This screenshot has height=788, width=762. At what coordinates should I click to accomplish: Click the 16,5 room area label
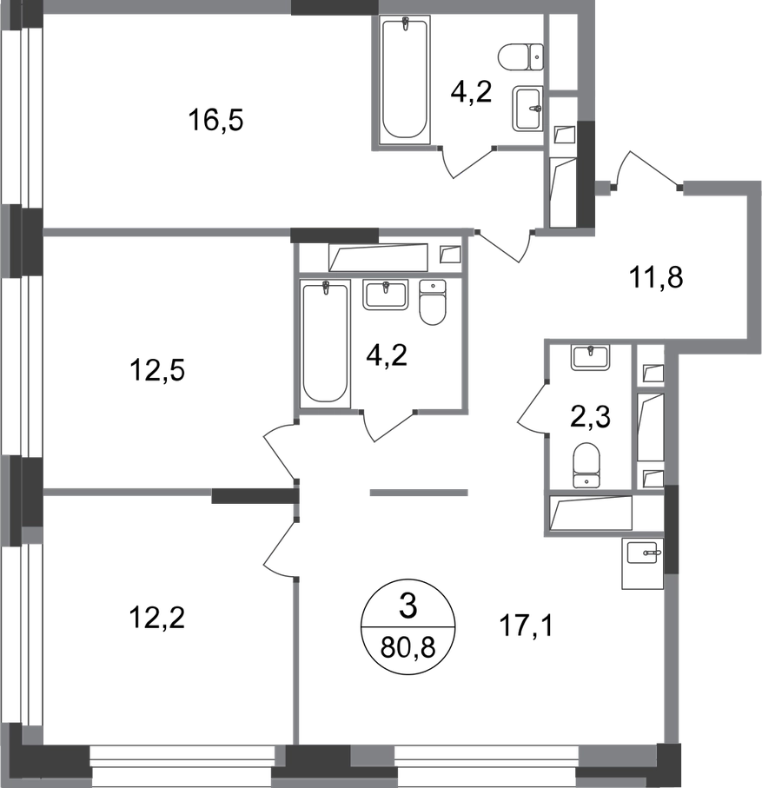(x=216, y=121)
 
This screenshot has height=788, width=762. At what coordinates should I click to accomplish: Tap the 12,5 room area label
(x=157, y=370)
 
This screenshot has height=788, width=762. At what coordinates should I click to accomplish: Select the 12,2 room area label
(x=157, y=618)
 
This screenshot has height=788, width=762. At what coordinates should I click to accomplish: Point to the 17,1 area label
(x=526, y=626)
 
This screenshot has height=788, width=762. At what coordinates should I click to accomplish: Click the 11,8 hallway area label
(x=656, y=277)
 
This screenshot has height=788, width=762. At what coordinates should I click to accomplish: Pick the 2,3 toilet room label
(x=591, y=417)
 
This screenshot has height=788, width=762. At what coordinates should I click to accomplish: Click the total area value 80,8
(x=408, y=648)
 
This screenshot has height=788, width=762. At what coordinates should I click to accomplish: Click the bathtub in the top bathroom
(x=405, y=79)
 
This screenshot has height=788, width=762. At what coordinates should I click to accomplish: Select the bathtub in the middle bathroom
(x=326, y=344)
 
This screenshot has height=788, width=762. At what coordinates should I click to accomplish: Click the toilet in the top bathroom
(x=520, y=56)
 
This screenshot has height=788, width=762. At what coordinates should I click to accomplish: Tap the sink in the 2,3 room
(x=590, y=358)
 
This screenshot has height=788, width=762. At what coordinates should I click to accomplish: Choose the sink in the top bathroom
(x=527, y=109)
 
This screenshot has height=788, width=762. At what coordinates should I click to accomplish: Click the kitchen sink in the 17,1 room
(x=642, y=563)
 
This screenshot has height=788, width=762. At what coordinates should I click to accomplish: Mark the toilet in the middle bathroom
(x=433, y=302)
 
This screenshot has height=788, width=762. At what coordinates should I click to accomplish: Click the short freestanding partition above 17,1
(x=419, y=493)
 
